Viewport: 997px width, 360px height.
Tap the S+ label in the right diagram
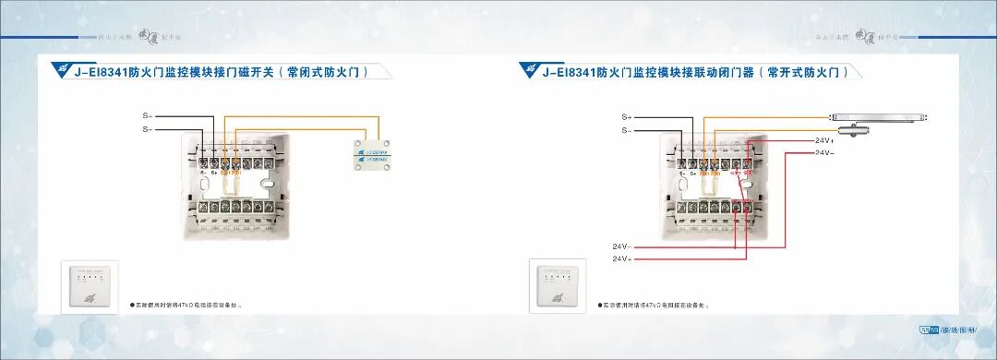(x=627, y=117)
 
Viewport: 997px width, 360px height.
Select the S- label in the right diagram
(x=627, y=131)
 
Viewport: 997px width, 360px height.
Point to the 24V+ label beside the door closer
(x=823, y=140)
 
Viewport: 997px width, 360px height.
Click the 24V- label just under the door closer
(x=823, y=152)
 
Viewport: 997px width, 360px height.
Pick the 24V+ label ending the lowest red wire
(x=621, y=259)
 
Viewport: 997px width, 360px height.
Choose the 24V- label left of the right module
(x=621, y=246)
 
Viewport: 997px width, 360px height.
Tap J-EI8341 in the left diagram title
(x=101, y=71)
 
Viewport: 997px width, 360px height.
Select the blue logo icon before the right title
(x=529, y=69)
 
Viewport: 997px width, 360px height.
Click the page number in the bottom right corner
(x=929, y=330)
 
